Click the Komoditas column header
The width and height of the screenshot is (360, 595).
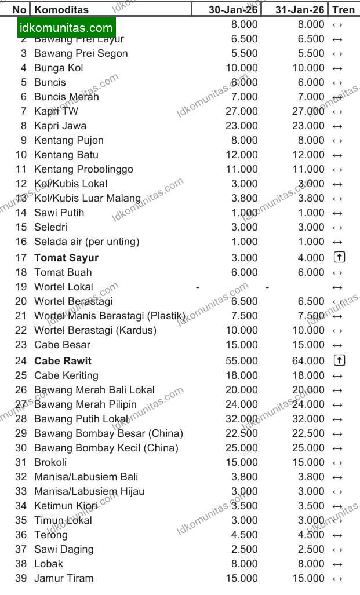(x=61, y=9)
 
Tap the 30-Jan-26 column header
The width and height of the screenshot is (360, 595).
(x=233, y=9)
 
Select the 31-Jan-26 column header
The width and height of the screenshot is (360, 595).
(x=300, y=9)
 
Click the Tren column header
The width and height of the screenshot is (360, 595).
(x=343, y=9)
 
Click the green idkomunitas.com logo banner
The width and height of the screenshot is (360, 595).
(x=66, y=28)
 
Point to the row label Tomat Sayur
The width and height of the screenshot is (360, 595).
(x=66, y=258)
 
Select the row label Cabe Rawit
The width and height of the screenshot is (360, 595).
(x=63, y=361)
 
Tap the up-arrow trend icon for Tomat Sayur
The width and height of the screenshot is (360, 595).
(x=339, y=257)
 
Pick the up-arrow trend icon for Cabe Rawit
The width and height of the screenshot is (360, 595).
(x=339, y=360)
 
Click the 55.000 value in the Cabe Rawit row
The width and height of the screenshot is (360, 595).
(x=241, y=361)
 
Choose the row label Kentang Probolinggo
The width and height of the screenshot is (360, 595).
(x=83, y=169)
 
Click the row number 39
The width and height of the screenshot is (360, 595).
(x=21, y=578)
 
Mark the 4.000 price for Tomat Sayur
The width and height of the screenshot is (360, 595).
(x=311, y=258)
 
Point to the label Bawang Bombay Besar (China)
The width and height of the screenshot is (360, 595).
(x=108, y=433)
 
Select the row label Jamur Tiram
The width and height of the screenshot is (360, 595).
(x=63, y=578)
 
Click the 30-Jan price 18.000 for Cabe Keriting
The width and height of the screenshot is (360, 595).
(x=241, y=375)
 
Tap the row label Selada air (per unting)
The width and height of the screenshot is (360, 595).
(x=86, y=242)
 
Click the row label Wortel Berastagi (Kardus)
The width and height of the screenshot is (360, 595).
(x=95, y=330)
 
